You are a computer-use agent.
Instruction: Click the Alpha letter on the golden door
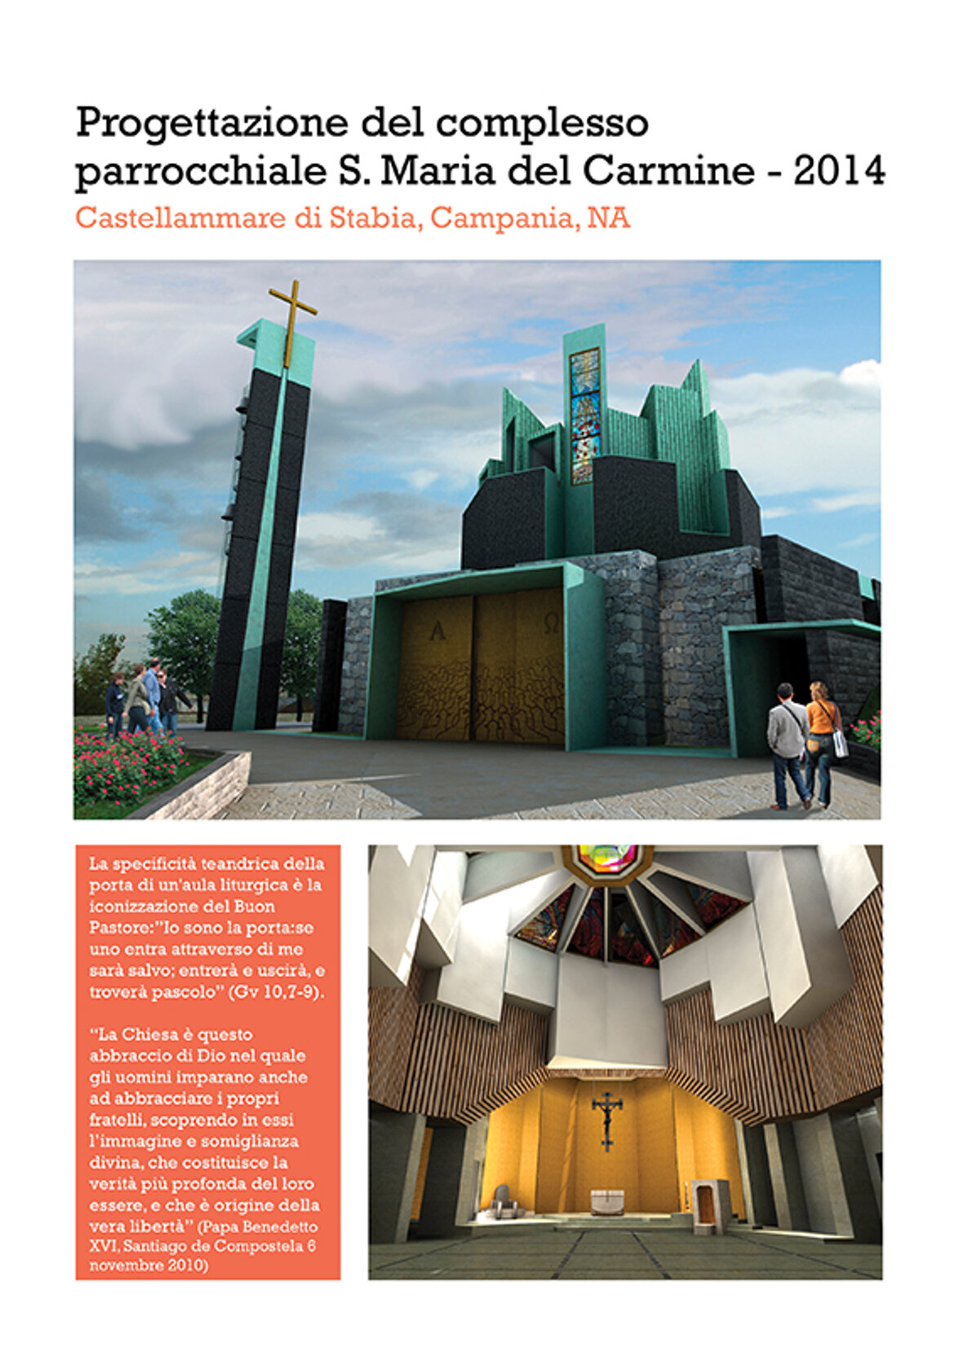coord(437,630)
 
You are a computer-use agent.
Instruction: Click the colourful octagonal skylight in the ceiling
coord(606,859)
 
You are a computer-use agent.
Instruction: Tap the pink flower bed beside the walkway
coord(127,767)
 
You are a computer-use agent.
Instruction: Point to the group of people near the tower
coord(143,698)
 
